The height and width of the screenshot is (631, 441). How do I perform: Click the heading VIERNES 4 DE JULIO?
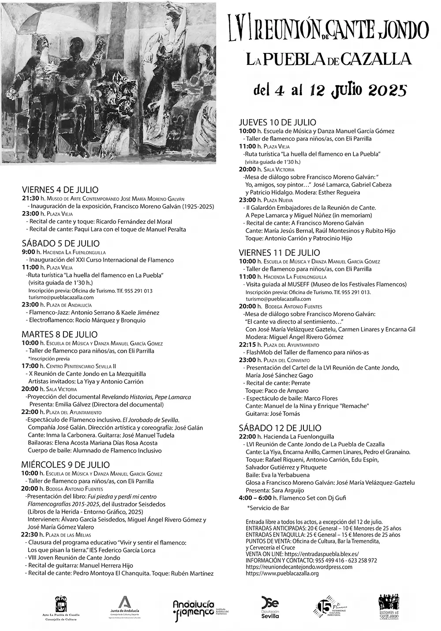60,190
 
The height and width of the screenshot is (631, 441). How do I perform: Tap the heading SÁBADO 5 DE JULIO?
60,243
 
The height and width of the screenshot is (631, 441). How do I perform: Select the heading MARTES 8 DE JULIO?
60,334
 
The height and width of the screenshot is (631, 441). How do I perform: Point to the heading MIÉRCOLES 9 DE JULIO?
65,465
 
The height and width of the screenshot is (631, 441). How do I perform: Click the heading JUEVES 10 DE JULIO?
277,122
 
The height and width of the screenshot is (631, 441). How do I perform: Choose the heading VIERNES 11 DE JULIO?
279,253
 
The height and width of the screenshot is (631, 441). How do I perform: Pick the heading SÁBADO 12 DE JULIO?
280,427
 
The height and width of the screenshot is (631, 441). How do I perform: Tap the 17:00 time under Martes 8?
30,367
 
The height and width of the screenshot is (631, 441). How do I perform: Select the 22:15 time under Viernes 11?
247,344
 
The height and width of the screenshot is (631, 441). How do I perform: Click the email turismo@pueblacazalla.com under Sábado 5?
61,298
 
